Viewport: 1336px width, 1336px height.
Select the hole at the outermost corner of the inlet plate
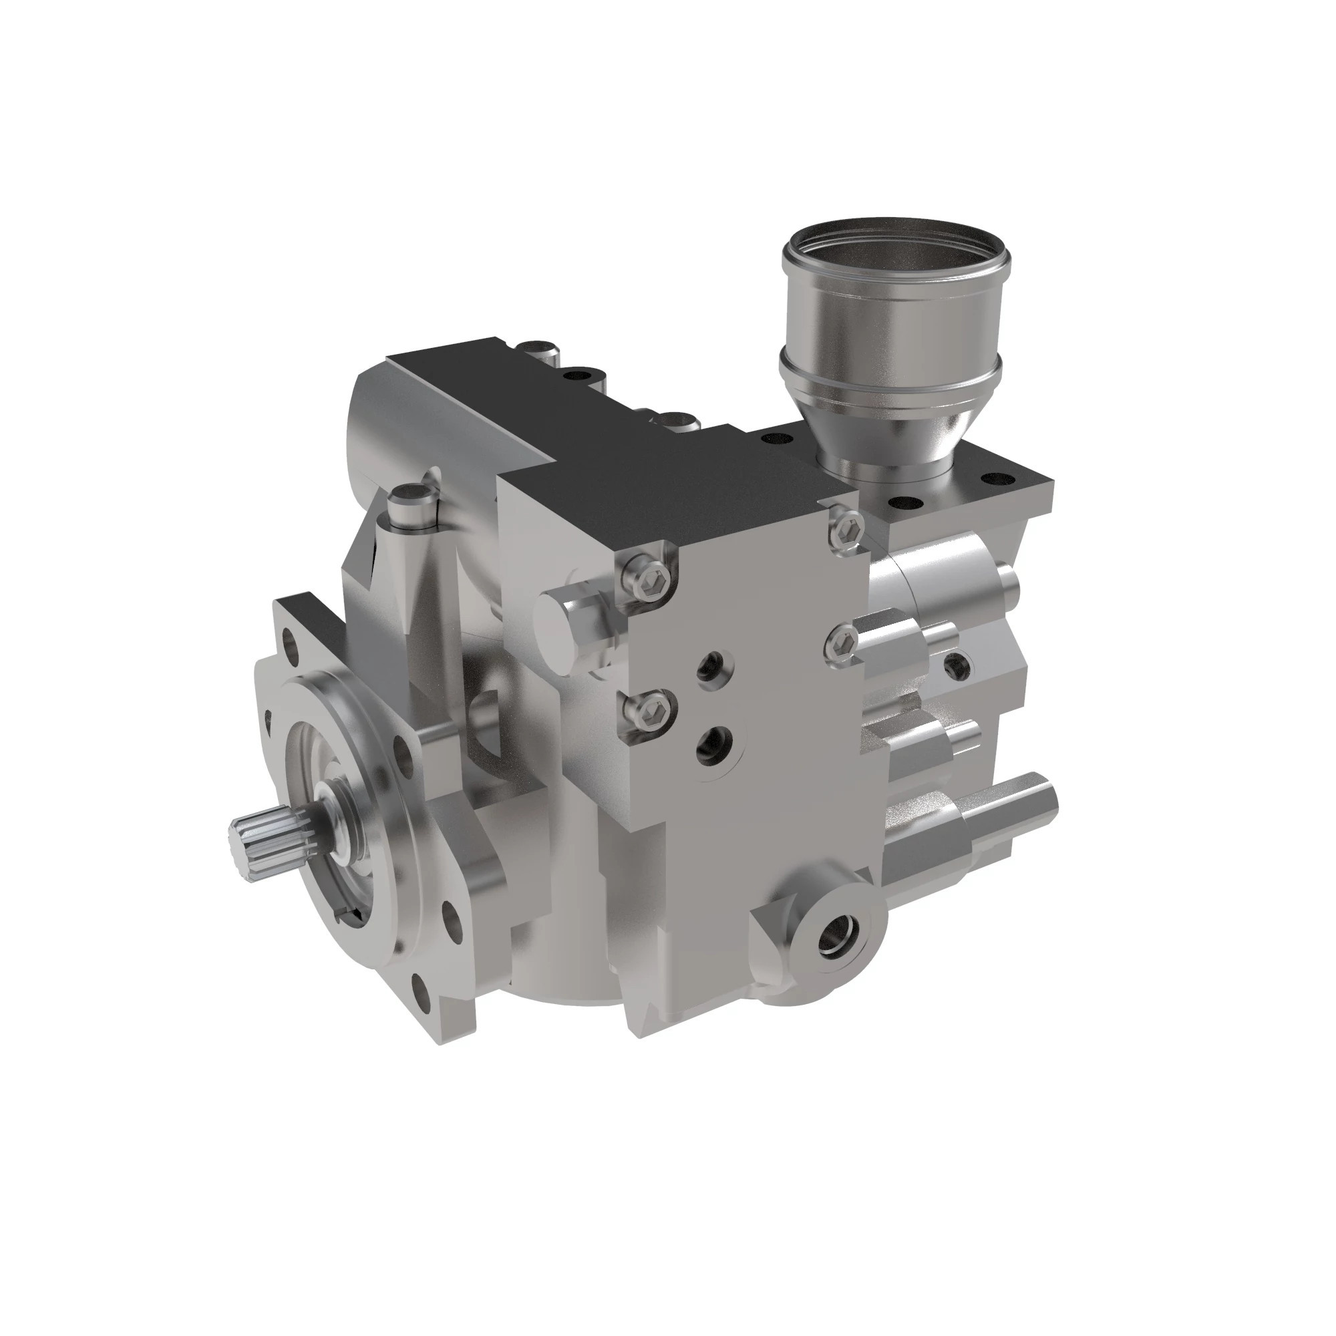(999, 476)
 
